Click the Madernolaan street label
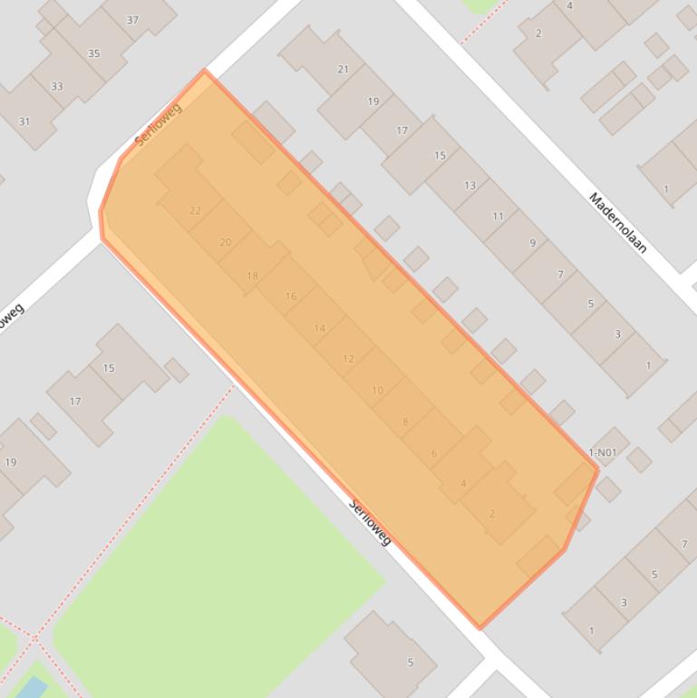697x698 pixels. click(617, 223)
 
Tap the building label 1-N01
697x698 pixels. click(603, 452)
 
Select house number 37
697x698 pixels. click(132, 20)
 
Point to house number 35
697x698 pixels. click(94, 53)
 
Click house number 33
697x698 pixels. click(57, 87)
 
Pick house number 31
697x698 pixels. click(24, 121)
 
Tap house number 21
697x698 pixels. click(343, 69)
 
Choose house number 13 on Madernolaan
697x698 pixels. click(470, 185)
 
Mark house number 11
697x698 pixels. click(499, 216)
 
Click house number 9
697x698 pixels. click(532, 243)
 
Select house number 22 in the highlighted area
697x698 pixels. click(195, 210)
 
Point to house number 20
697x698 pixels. click(226, 242)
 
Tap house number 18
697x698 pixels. click(252, 276)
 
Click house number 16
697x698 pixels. click(291, 296)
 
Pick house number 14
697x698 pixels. click(319, 328)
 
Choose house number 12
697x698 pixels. click(348, 359)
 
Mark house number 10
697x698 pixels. click(377, 391)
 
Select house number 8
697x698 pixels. click(405, 422)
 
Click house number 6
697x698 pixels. click(434, 453)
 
